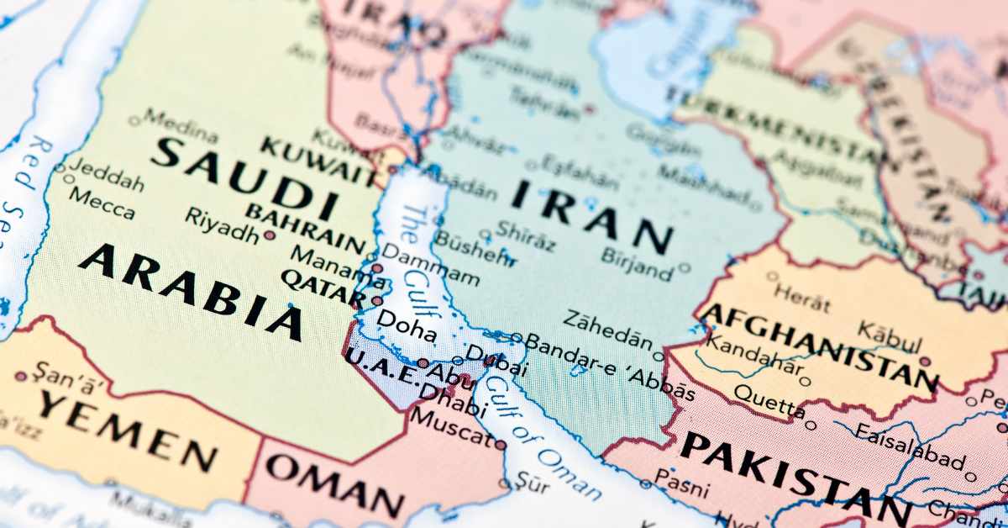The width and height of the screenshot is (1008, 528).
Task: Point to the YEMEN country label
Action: (127, 431)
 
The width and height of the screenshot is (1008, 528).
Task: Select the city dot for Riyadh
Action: (270, 235)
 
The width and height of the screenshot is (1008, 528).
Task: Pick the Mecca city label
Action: (102, 203)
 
